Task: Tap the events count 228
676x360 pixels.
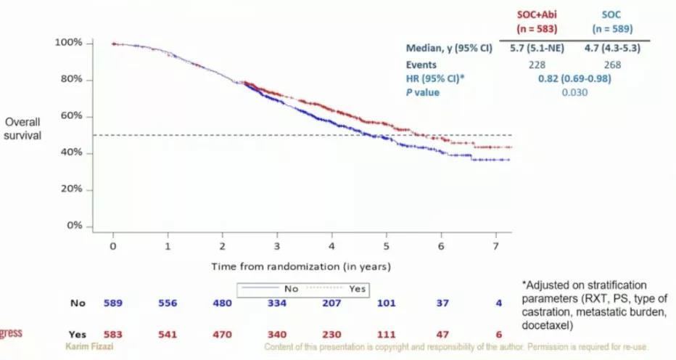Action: (x=538, y=65)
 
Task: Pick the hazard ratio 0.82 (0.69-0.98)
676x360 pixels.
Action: (x=574, y=78)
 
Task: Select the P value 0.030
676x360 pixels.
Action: (x=574, y=92)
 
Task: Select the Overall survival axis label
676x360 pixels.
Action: (x=23, y=128)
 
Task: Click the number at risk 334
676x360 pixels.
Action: (x=276, y=303)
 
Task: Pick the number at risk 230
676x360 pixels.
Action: (x=331, y=335)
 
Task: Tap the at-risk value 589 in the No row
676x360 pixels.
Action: (x=112, y=303)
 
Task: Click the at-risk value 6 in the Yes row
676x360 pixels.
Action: (x=498, y=335)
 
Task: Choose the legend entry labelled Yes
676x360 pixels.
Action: (x=357, y=288)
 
